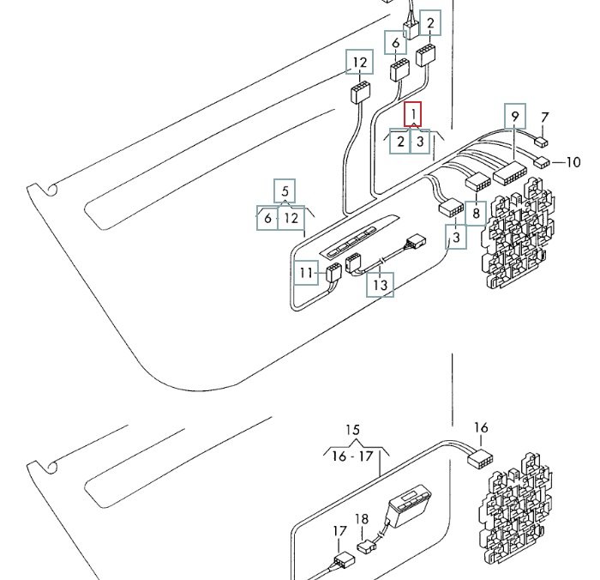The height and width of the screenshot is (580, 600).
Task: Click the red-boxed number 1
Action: (413, 113)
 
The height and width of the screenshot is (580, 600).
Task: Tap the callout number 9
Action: (514, 116)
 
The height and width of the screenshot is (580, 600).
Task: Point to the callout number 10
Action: (573, 161)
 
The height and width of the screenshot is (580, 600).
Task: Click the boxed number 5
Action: (285, 190)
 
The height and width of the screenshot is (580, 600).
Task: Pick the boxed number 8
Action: (476, 212)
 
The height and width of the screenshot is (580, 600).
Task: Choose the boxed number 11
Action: (307, 275)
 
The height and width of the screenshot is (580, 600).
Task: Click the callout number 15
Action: (353, 431)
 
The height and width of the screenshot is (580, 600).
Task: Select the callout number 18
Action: (362, 520)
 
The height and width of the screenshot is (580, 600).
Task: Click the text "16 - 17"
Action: (353, 456)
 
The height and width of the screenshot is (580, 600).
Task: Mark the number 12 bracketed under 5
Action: (291, 218)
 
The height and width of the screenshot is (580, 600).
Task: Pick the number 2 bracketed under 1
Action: (400, 142)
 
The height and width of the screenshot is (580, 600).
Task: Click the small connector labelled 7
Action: (542, 142)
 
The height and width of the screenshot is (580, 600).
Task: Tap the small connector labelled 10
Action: (542, 161)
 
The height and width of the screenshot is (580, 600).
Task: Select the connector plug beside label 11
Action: (332, 273)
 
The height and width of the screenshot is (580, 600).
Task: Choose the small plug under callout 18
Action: (366, 545)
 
